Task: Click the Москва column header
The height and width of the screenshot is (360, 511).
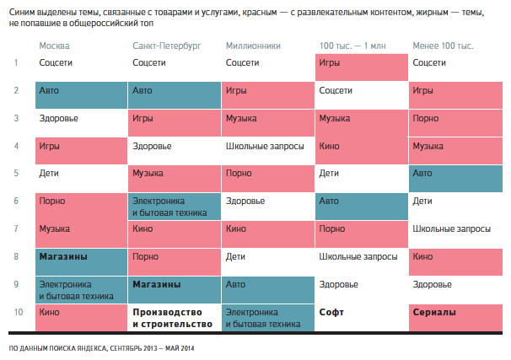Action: [55, 43]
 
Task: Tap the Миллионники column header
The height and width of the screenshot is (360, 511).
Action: [253, 43]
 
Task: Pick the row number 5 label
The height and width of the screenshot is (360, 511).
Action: [17, 173]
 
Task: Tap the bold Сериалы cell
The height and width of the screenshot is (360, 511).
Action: [433, 312]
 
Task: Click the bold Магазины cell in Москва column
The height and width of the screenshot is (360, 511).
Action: [63, 256]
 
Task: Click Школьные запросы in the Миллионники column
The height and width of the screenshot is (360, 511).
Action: [264, 146]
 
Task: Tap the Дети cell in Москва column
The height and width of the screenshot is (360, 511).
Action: [49, 173]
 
